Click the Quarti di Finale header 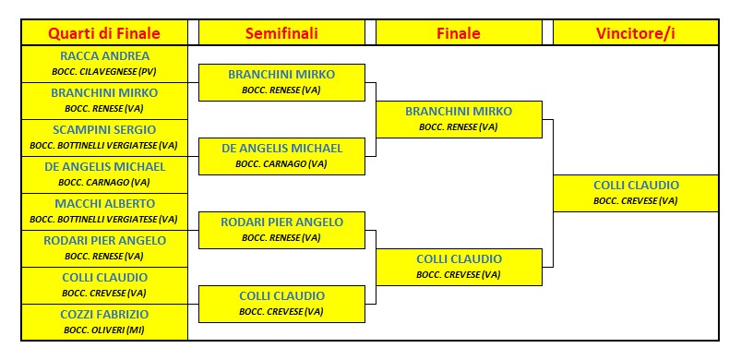(104, 34)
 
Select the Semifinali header (281, 34)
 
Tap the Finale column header (459, 34)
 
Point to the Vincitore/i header (636, 34)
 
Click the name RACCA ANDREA (104, 55)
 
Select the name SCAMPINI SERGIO (104, 129)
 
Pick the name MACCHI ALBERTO (104, 203)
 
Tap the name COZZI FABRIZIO (104, 314)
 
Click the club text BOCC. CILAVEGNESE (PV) (104, 71)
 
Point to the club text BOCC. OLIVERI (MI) (104, 330)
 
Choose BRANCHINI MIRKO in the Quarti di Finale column (104, 92)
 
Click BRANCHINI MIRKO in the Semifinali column (281, 74)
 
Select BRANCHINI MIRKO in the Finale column (459, 111)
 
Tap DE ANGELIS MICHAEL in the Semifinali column (281, 148)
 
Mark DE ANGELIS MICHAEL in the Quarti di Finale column (104, 166)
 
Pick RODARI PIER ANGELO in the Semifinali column (281, 222)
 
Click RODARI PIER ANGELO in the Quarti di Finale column (104, 240)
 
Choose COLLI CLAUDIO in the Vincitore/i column (636, 185)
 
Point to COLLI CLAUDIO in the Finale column (459, 258)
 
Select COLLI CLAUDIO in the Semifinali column (281, 295)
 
